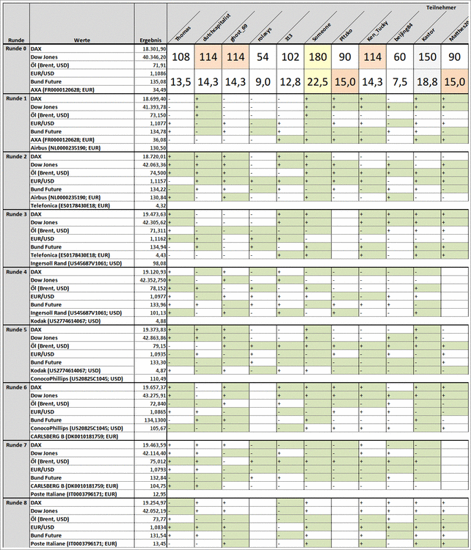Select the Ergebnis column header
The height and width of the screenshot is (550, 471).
pos(152,40)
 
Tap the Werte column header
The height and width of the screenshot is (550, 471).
pos(81,40)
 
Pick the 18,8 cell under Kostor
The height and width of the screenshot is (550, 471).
pos(427,82)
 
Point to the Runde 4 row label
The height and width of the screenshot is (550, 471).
pos(16,272)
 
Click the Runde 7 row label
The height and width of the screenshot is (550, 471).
pos(16,445)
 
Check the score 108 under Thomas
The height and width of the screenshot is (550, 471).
pos(181,57)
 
